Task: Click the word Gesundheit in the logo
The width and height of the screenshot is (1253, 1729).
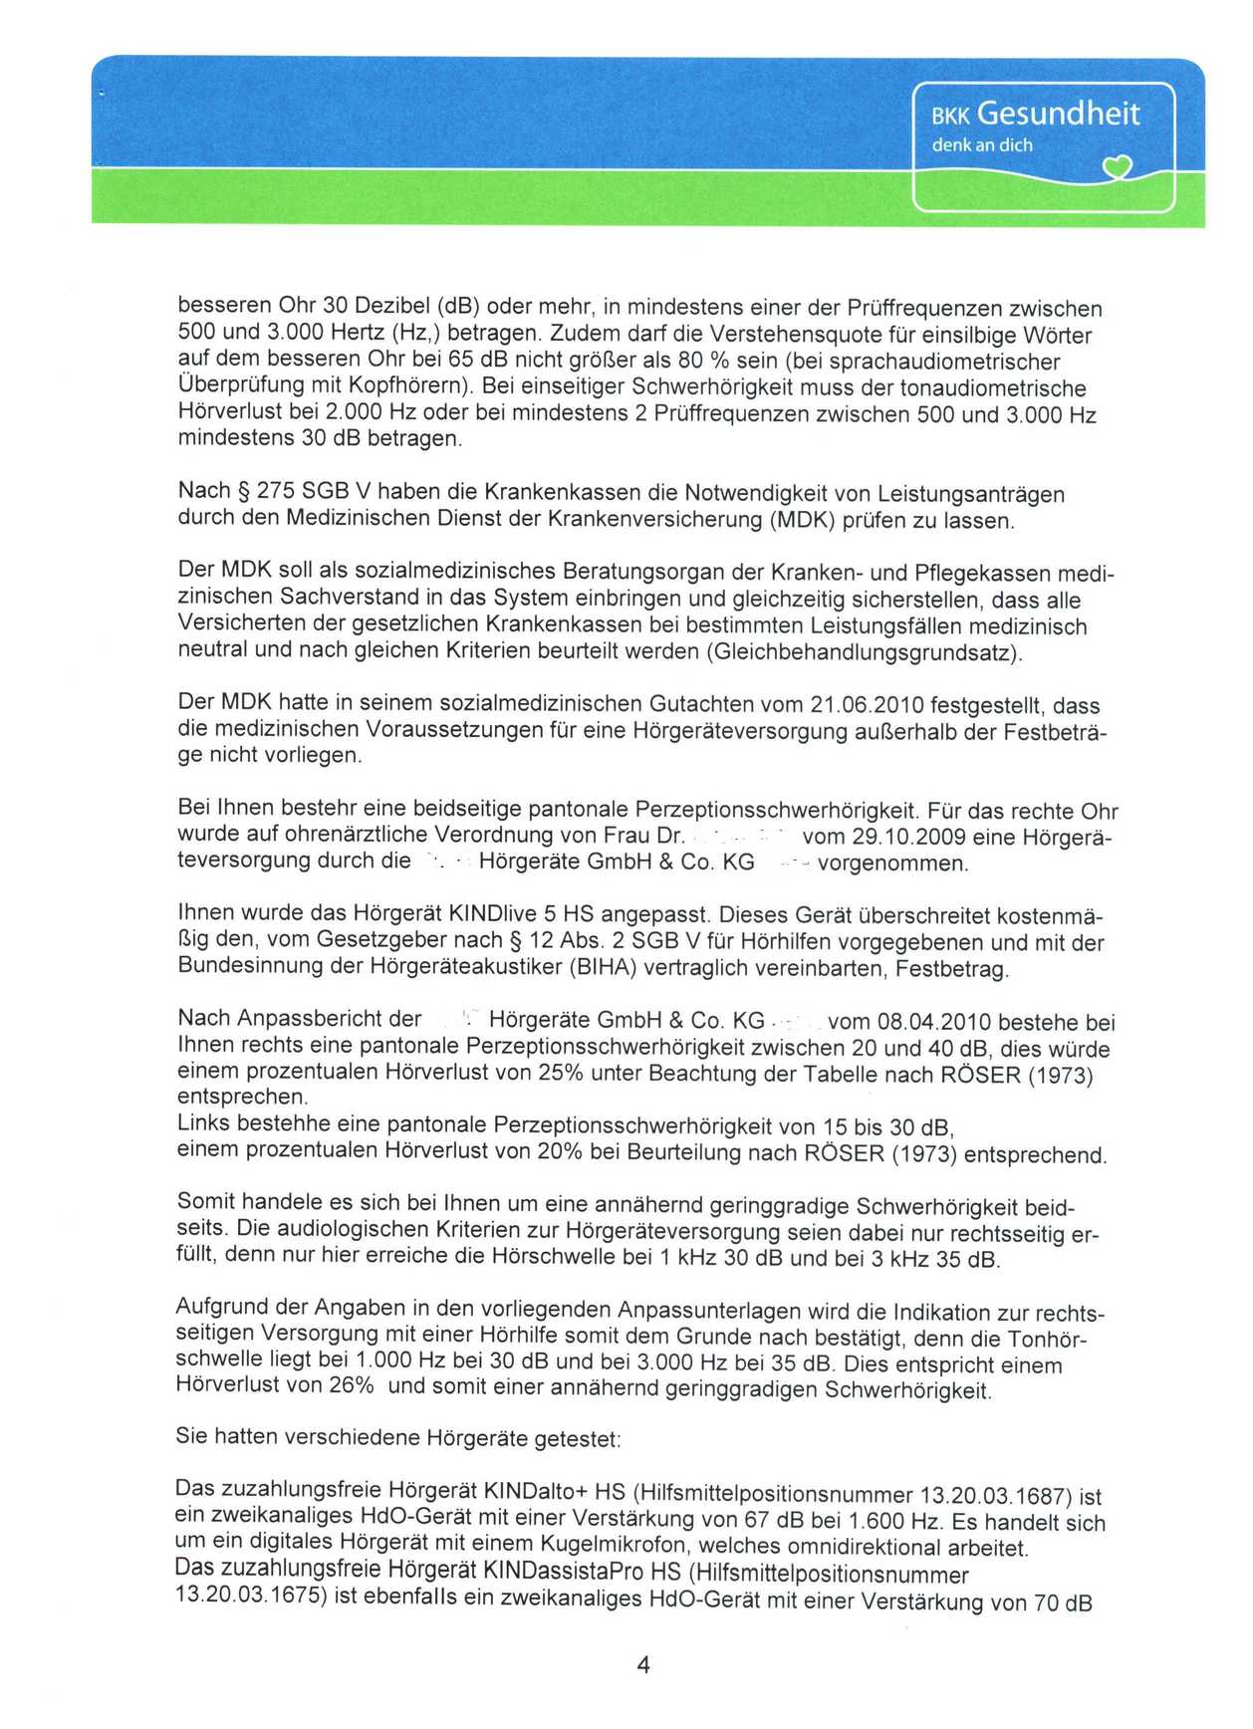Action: click(x=1058, y=114)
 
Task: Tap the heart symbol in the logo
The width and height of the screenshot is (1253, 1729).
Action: click(x=1120, y=169)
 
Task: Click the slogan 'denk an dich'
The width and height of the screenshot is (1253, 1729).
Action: click(x=981, y=145)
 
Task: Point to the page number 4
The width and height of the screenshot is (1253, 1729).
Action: click(x=643, y=1665)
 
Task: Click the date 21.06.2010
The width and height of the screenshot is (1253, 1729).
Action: click(x=864, y=706)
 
